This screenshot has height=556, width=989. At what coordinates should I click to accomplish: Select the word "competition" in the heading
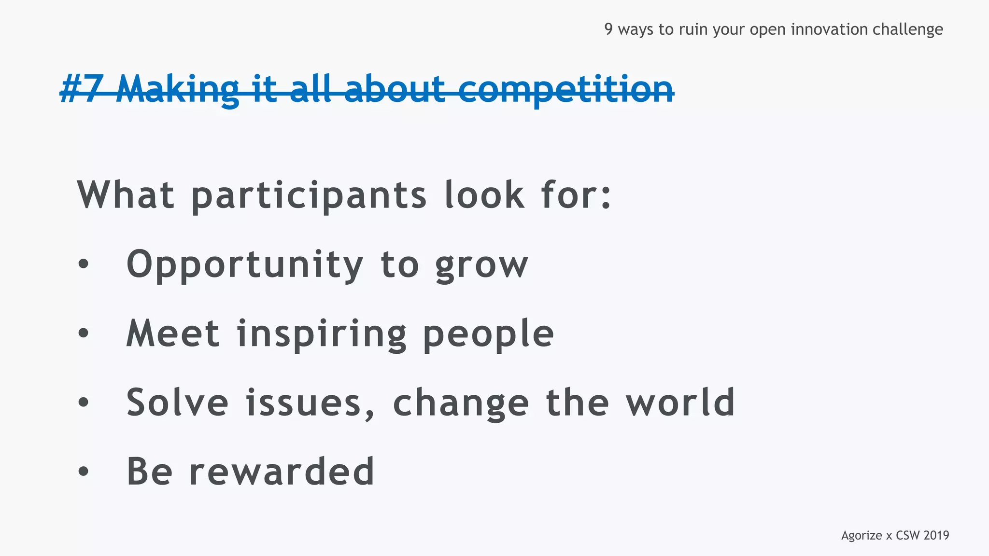(565, 90)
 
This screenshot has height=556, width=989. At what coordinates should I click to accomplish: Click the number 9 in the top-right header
(608, 29)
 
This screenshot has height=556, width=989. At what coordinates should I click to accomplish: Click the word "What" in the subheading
(126, 195)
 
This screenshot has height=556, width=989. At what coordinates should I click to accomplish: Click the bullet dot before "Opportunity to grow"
(84, 264)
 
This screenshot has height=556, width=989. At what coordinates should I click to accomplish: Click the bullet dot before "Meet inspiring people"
(84, 333)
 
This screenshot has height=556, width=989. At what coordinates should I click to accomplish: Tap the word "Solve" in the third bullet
(177, 402)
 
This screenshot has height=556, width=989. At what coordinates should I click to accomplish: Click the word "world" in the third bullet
(680, 402)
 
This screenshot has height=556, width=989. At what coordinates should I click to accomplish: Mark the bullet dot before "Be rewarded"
(84, 471)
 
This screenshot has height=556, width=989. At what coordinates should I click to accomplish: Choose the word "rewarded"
(282, 471)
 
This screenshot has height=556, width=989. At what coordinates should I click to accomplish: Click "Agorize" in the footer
(862, 536)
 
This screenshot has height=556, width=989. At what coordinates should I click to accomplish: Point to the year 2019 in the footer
(936, 535)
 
